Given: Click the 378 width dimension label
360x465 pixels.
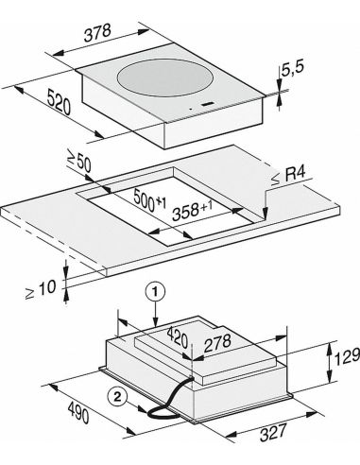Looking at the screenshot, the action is [97, 33].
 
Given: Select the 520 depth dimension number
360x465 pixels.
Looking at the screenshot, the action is [59, 102].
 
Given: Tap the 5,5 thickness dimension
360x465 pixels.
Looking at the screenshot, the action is [292, 69].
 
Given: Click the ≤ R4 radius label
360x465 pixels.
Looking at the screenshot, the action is [288, 177].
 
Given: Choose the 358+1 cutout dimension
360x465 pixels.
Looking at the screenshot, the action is [192, 212].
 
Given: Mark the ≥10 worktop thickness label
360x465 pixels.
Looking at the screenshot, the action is [41, 289].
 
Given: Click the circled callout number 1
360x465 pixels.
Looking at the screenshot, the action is [155, 293].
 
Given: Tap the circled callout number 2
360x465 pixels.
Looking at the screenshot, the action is [117, 397].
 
